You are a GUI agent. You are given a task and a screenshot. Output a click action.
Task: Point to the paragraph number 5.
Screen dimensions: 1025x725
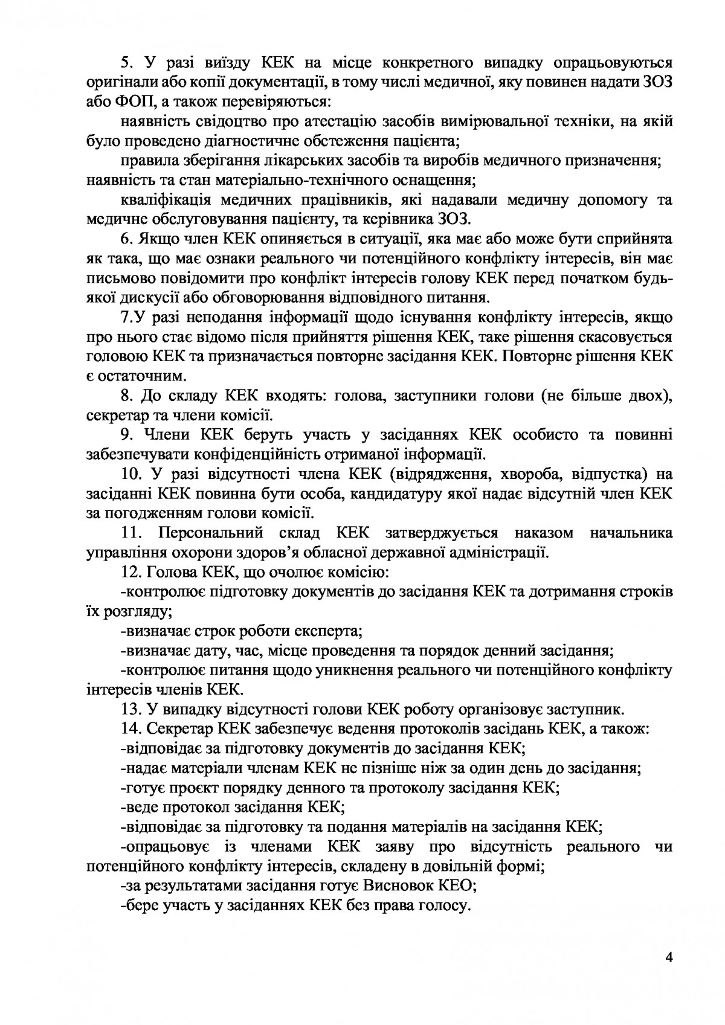pyautogui.click(x=127, y=62)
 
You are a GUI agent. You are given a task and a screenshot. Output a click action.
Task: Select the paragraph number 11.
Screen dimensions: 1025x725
pyautogui.click(x=130, y=533)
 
